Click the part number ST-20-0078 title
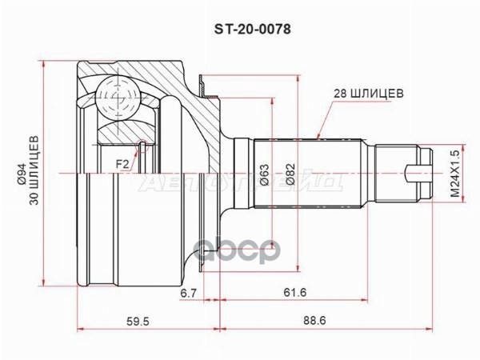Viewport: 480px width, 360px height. point(239,29)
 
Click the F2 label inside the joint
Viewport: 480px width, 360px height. point(122,165)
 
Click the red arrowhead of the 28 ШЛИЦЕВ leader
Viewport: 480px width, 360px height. point(318,136)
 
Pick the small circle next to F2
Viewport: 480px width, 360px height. point(142,144)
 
